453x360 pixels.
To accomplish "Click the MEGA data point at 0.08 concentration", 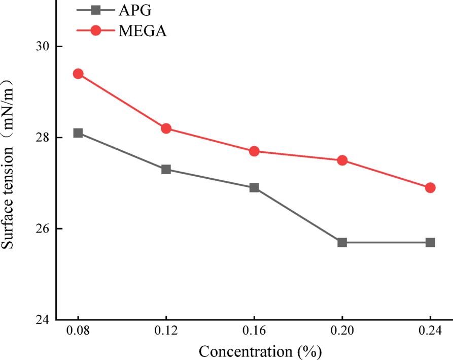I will [x=78, y=74].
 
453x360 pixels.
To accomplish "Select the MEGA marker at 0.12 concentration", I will [x=166, y=128].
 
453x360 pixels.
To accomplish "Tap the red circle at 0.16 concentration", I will [x=254, y=151].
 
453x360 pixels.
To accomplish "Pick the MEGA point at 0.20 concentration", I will [x=342, y=160].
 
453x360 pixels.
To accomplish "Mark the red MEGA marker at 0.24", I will [x=430, y=188].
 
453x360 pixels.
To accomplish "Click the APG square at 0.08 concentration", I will [x=78, y=133].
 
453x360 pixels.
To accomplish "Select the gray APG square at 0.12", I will [x=166, y=170].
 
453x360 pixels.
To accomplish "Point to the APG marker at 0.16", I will [x=254, y=188].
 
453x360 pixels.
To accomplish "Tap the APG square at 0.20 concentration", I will [x=342, y=243].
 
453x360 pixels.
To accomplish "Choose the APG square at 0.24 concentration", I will [x=430, y=243].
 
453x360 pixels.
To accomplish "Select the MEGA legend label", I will [x=143, y=31].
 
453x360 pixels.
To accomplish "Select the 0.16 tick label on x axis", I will [x=254, y=331].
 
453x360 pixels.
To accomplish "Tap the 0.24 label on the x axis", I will [x=430, y=331].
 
